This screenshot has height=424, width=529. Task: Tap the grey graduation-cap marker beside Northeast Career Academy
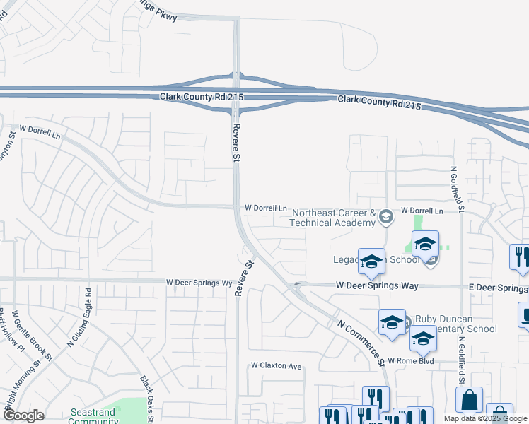[x=385, y=217]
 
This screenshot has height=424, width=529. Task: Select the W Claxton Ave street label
[x=277, y=366]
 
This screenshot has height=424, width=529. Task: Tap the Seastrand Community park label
[x=93, y=416]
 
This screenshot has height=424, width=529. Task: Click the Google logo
[x=23, y=416]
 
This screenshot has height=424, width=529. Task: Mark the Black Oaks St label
[x=147, y=399]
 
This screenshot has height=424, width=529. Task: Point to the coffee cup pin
[x=524, y=315]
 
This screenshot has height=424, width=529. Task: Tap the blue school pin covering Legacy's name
[x=371, y=262]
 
